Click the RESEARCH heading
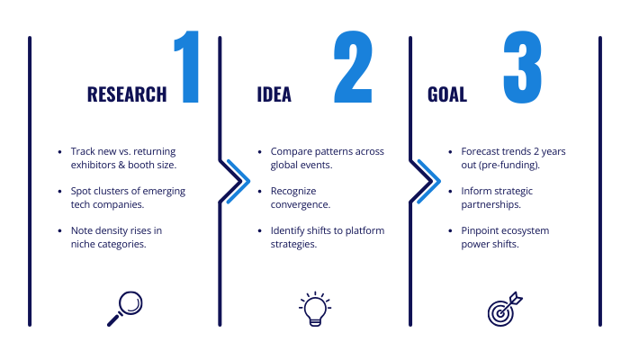[x=127, y=94]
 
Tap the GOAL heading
[x=447, y=94]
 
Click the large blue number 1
[x=187, y=67]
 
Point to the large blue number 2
[x=353, y=67]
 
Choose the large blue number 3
[x=522, y=67]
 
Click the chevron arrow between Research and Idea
[x=237, y=181]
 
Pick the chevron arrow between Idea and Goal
[x=427, y=181]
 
